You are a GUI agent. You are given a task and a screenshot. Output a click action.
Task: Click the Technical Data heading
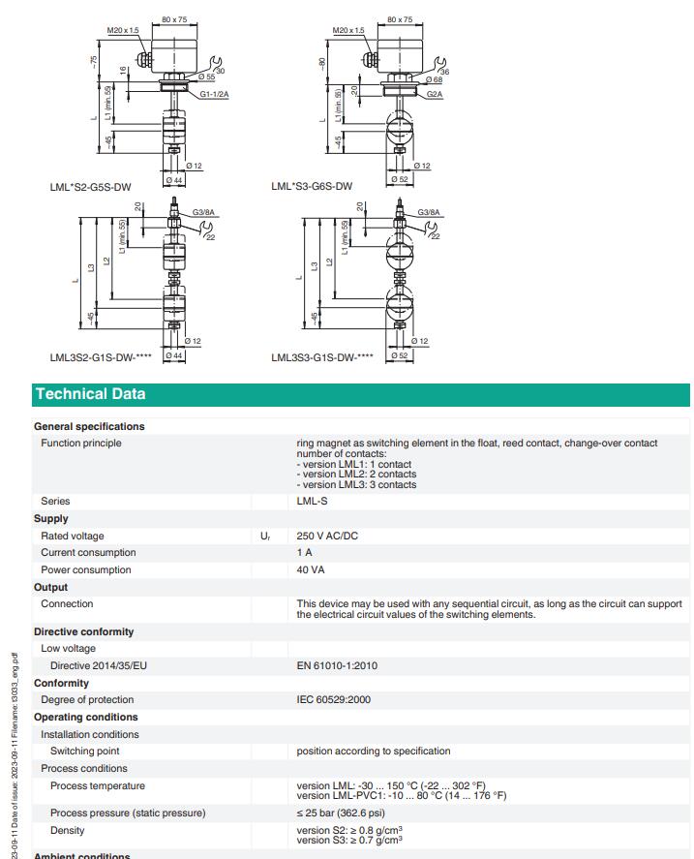[x=90, y=394]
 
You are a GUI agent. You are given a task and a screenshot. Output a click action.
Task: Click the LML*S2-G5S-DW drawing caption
[x=90, y=186]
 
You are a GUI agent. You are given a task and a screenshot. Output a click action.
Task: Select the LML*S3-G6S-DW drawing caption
[x=312, y=186]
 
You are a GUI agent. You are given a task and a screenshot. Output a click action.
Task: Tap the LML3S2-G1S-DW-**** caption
[x=101, y=357]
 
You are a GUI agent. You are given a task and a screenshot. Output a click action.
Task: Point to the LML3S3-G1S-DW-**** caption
[x=322, y=357]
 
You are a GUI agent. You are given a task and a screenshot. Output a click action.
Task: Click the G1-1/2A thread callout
[x=215, y=95]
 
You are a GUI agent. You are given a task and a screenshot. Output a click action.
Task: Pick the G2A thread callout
[x=433, y=95]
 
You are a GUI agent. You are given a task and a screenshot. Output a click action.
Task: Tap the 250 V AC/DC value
[x=327, y=536]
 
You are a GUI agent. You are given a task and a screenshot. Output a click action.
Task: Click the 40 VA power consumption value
[x=311, y=570]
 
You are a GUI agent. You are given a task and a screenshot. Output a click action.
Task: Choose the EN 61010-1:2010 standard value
[x=337, y=665]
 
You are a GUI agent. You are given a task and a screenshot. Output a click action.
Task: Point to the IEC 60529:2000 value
[x=334, y=699]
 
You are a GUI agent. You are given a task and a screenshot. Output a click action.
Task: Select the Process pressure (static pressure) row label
[x=128, y=813]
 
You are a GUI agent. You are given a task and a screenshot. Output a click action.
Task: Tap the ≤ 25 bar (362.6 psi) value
[x=341, y=813]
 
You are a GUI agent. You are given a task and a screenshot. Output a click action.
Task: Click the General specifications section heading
[x=89, y=426]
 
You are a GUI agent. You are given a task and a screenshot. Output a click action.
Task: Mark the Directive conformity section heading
[x=83, y=631]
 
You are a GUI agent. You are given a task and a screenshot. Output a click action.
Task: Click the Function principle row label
[x=81, y=444]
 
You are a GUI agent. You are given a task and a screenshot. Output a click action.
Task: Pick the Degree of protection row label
[x=87, y=699]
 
